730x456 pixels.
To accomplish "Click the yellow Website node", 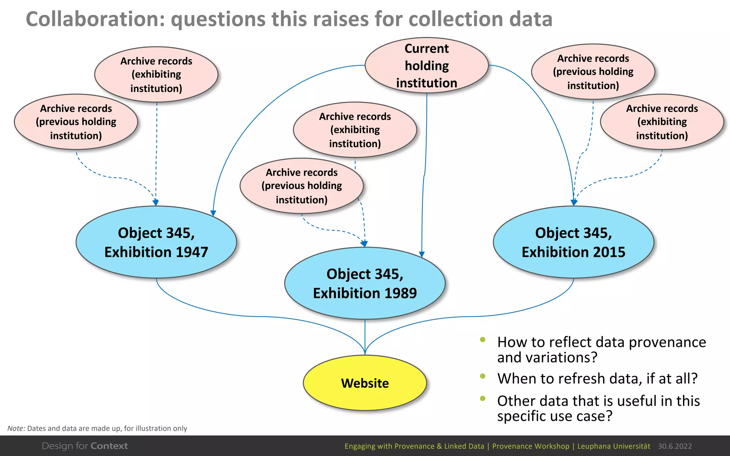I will [x=365, y=383].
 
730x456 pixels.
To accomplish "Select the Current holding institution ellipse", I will [x=427, y=66].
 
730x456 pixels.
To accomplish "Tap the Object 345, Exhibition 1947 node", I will [x=156, y=242].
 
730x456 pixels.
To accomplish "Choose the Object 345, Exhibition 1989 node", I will [x=365, y=284].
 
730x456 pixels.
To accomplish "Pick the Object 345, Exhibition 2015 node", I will [x=574, y=242].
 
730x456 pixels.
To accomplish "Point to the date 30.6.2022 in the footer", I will [x=675, y=446].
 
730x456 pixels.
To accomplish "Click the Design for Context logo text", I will [x=85, y=446].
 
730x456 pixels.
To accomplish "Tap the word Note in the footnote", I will [x=16, y=428].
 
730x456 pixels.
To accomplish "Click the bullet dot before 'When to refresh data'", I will [x=483, y=376].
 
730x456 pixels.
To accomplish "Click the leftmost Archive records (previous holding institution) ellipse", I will [x=76, y=122].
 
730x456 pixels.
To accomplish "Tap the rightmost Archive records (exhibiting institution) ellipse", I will [x=662, y=122].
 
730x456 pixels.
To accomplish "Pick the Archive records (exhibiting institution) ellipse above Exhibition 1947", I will [x=156, y=74].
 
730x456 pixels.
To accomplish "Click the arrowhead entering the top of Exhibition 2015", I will [x=574, y=203].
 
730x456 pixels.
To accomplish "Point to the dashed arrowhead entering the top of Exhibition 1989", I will [x=364, y=244].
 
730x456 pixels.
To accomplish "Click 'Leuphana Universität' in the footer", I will [x=613, y=446].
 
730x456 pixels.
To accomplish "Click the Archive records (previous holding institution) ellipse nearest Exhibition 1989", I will [x=302, y=186].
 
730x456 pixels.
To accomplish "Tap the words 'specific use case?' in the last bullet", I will [x=555, y=416].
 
